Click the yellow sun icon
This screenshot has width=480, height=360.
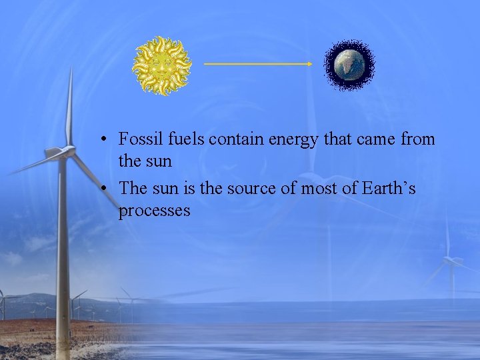[x=161, y=65]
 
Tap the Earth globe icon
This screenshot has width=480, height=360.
[x=349, y=65]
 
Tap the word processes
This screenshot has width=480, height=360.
[x=154, y=211]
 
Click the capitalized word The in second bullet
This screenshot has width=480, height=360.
[x=133, y=189]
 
